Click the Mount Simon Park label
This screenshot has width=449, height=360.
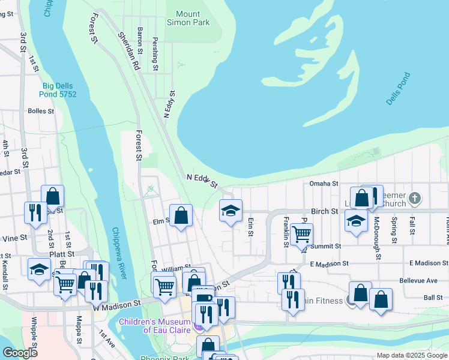[x=193, y=18]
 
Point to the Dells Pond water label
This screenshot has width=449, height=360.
[x=398, y=89]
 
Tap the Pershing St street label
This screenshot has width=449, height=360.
[x=155, y=56]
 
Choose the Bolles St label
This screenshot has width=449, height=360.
[x=41, y=111]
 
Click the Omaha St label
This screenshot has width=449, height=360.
[x=324, y=184]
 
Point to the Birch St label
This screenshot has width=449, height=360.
[x=324, y=212]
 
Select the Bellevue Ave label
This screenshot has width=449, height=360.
[x=418, y=280]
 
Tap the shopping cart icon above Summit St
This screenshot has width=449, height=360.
[x=301, y=234]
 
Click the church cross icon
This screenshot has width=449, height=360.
[x=415, y=198]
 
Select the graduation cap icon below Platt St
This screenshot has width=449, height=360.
[x=39, y=269]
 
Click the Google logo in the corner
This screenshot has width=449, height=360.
[x=20, y=353]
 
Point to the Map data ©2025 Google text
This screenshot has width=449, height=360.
[x=411, y=355]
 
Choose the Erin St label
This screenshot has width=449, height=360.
[x=250, y=227]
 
